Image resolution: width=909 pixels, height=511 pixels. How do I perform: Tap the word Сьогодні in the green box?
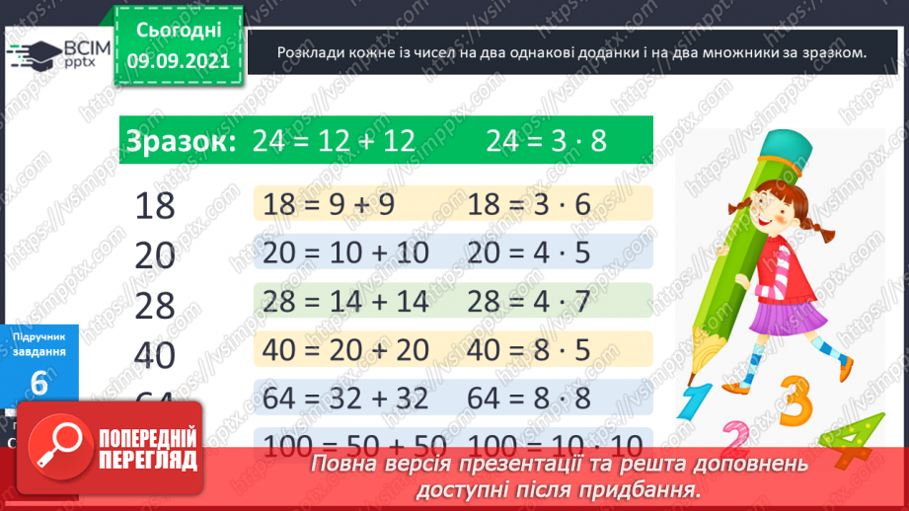point(179,30)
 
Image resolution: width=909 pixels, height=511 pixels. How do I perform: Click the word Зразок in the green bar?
point(179,142)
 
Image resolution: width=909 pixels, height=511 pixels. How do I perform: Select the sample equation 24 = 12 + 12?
point(334,142)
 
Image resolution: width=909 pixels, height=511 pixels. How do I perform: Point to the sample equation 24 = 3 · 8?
point(546,142)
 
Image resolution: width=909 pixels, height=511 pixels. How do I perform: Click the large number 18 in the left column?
point(154,206)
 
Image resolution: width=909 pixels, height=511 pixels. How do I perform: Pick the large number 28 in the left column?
point(154,306)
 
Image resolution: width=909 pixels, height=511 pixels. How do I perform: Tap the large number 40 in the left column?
point(154,355)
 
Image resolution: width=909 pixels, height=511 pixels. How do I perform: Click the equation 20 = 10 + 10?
point(346,253)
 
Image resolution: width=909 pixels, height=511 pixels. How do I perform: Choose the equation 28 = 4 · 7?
point(529,301)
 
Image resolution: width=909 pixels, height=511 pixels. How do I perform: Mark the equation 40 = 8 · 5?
point(529,349)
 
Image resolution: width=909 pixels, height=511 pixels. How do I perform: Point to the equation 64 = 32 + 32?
point(346,398)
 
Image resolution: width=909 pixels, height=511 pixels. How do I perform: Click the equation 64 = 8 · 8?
point(529,398)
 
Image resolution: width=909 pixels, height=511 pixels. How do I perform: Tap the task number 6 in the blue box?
point(38,383)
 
